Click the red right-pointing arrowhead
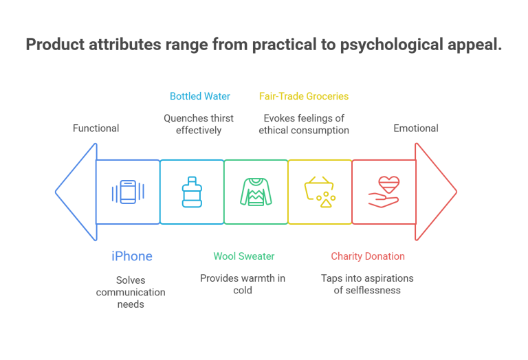[436, 192]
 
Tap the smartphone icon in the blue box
[128, 192]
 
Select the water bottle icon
[192, 192]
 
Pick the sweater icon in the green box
[256, 192]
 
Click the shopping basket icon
[320, 192]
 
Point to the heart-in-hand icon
[384, 192]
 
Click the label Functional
[96, 128]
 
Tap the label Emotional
[416, 128]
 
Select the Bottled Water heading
[200, 96]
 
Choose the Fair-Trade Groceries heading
[303, 96]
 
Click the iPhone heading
[131, 256]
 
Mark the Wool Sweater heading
[243, 256]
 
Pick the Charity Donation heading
[367, 256]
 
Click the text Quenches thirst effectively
[198, 124]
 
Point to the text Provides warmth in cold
[242, 284]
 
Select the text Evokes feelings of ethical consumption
[303, 124]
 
